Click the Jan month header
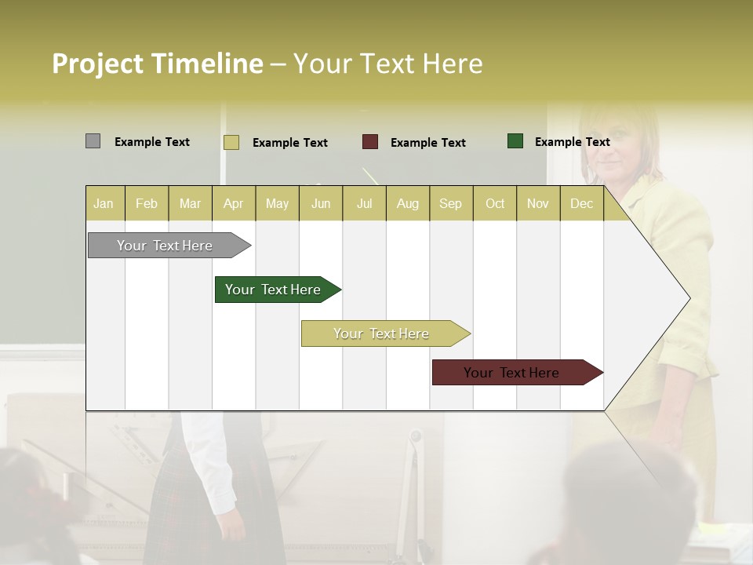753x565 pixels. click(x=104, y=203)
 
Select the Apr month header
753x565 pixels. click(x=234, y=203)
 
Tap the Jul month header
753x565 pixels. click(x=364, y=203)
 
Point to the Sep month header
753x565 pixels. click(x=450, y=203)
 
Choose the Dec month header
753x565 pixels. click(x=581, y=203)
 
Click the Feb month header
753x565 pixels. click(x=147, y=203)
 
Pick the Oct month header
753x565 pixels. click(x=495, y=203)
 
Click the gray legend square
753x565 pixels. click(x=93, y=141)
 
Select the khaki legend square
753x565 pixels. click(x=231, y=142)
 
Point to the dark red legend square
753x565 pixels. click(x=370, y=142)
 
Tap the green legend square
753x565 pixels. click(x=515, y=141)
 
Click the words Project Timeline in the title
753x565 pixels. click(x=157, y=64)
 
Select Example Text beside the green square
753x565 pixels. click(x=572, y=142)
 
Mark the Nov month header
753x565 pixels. click(x=538, y=203)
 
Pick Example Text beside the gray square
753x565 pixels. click(x=152, y=142)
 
